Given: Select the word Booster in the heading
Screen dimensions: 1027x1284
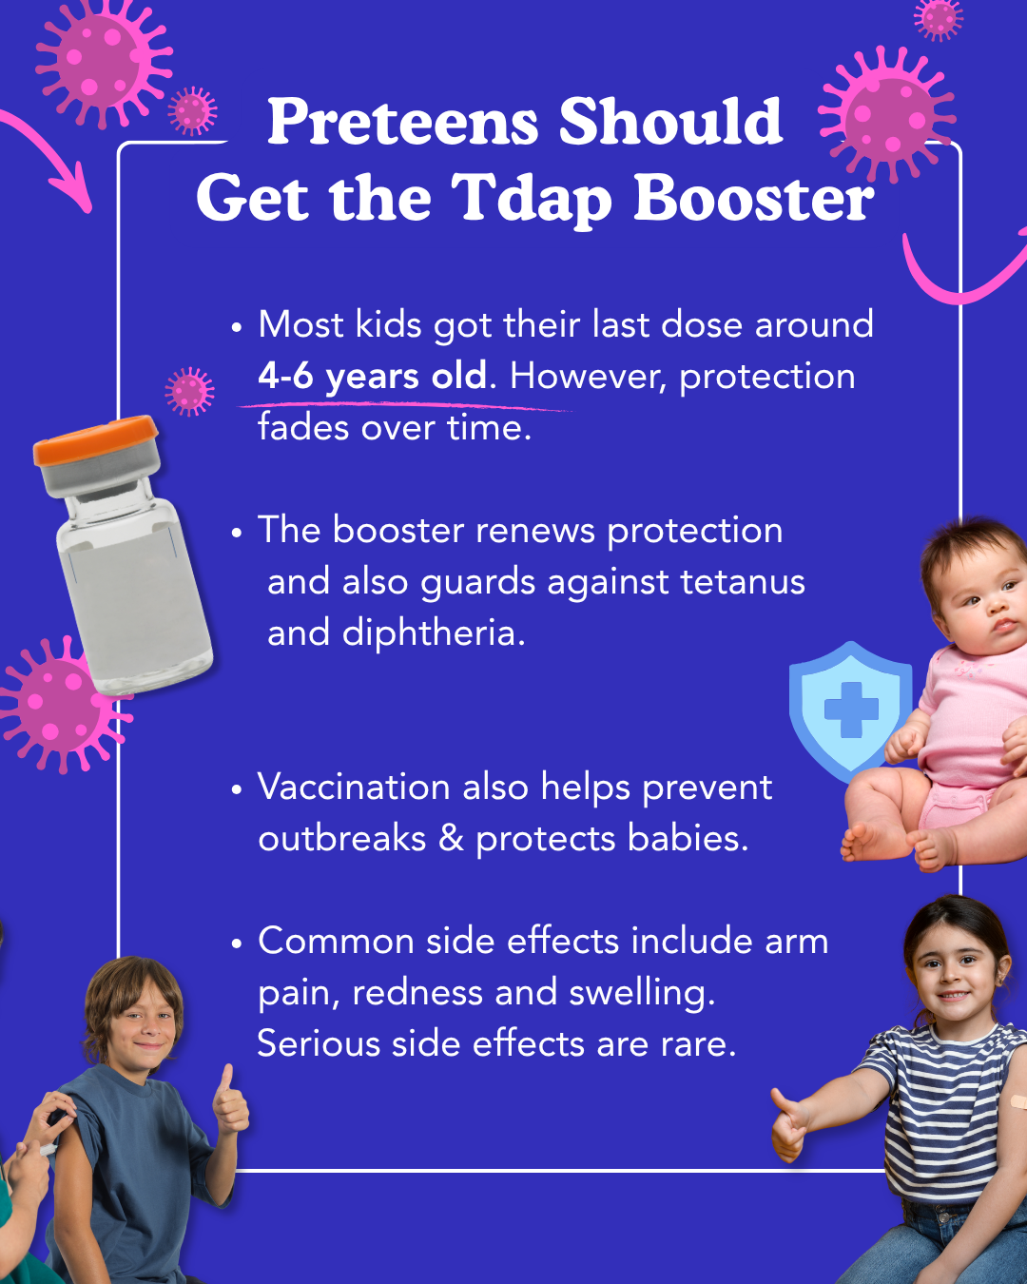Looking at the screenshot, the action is (x=754, y=197).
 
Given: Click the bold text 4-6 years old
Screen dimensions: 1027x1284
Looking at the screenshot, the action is (x=373, y=377).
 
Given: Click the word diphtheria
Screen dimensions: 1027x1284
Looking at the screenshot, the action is (x=434, y=632).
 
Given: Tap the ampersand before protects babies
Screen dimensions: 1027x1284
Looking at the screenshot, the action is (x=451, y=838).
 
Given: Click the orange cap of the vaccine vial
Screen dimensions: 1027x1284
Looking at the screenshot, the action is (x=95, y=440).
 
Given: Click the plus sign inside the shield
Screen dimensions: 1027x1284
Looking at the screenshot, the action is (x=851, y=710).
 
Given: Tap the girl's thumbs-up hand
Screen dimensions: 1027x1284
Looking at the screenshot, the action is (x=790, y=1123).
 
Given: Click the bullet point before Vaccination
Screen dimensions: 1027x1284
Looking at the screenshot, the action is (x=237, y=788).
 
